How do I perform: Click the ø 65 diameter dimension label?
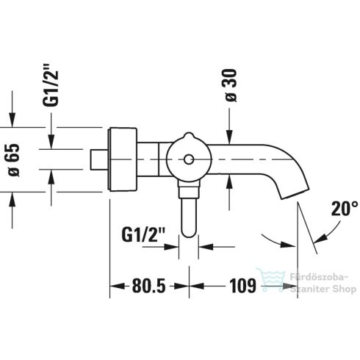[x=14, y=159]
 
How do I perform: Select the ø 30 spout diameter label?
[x=231, y=85]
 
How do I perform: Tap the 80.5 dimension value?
[x=149, y=286]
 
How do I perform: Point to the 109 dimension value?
[x=242, y=286]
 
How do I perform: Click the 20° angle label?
[x=345, y=209]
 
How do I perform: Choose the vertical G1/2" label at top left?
[x=51, y=88]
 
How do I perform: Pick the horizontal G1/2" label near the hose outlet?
[x=144, y=234]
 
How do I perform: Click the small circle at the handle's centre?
[x=189, y=159]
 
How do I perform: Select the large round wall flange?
[x=123, y=159]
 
